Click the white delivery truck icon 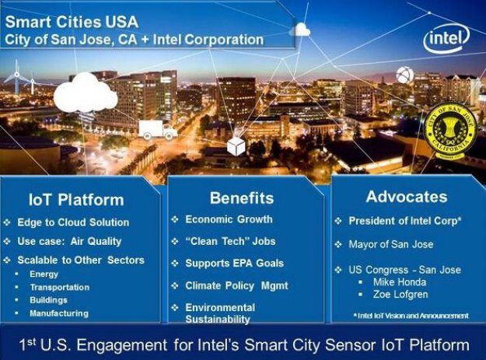click(x=158, y=129)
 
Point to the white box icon click(x=236, y=145)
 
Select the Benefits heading click(x=242, y=197)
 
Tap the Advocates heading click(x=406, y=196)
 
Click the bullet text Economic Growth click(x=229, y=219)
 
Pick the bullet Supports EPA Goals click(x=234, y=263)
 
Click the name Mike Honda click(x=400, y=281)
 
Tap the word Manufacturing click(x=58, y=313)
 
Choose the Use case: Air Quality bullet click(x=75, y=240)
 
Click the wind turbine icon click(x=16, y=79)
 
